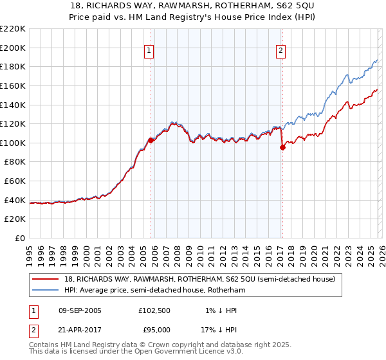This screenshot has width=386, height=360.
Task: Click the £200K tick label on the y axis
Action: [13, 48]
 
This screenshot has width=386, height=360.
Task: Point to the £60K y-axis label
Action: [15, 181]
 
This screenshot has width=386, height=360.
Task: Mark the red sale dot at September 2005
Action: [151, 140]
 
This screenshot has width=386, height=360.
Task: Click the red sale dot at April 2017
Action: [282, 147]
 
